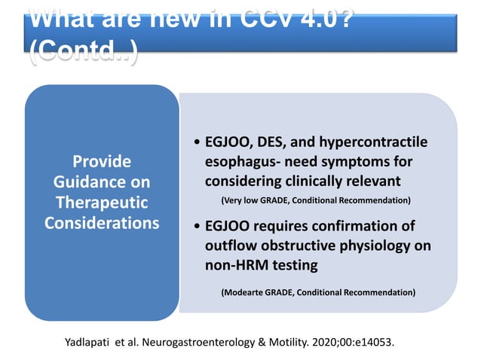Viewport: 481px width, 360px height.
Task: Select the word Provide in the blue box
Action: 100,161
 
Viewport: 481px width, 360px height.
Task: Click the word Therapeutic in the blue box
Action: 100,203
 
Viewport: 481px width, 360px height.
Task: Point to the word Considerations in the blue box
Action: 100,223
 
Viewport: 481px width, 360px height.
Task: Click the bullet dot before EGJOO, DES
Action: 197,143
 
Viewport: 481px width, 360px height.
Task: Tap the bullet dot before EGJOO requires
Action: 197,227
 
